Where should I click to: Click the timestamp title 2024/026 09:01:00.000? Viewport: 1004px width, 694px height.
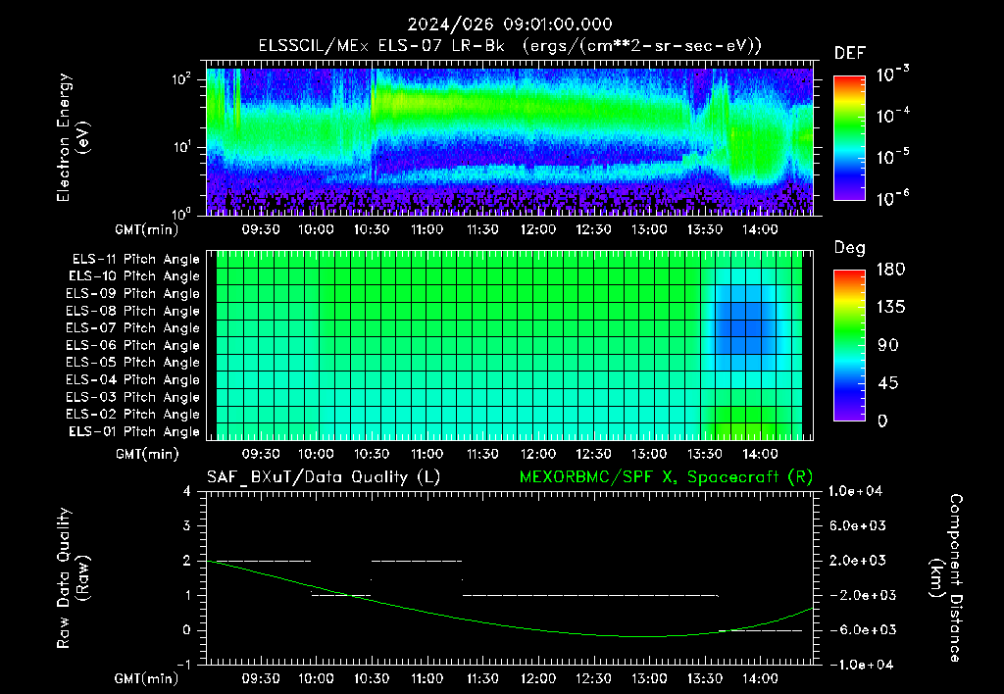click(510, 25)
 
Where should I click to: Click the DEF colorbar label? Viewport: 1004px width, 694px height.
click(850, 53)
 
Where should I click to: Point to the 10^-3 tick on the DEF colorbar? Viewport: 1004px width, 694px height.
click(892, 74)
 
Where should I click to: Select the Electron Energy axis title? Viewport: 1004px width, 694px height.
click(73, 137)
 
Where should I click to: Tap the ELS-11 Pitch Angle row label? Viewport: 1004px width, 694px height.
click(135, 260)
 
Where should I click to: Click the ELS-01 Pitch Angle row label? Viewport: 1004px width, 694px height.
click(134, 431)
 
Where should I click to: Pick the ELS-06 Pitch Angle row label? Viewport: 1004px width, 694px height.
click(132, 345)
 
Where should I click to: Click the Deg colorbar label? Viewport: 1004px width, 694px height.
click(850, 248)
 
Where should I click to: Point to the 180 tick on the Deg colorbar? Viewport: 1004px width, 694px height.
click(890, 269)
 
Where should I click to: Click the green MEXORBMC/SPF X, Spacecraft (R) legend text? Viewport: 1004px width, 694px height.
click(666, 477)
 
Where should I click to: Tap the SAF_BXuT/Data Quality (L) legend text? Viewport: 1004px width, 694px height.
click(324, 477)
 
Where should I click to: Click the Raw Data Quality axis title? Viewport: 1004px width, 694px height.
click(73, 578)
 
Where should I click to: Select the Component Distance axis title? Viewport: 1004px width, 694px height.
click(946, 578)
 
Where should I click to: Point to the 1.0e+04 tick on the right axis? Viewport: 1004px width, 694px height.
click(855, 491)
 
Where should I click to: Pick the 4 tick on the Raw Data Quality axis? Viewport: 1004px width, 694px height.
click(187, 491)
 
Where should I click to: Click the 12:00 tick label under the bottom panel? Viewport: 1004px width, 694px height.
click(538, 678)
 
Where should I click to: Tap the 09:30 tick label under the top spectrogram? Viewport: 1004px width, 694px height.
click(261, 229)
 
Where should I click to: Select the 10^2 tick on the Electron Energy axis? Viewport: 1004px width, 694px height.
click(181, 79)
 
